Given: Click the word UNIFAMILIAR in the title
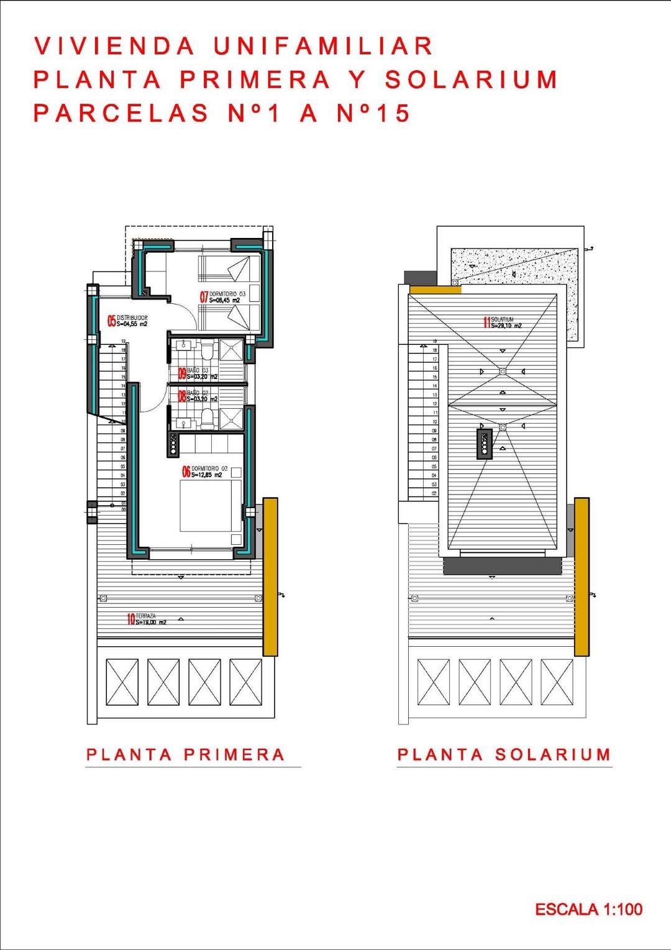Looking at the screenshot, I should click(323, 47).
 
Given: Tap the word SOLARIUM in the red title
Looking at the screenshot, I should click(471, 80).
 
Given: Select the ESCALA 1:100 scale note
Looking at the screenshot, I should click(588, 910).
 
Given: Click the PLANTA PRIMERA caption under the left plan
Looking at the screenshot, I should click(185, 755).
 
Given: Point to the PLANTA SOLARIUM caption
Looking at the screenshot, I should click(504, 755).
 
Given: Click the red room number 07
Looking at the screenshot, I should click(204, 297).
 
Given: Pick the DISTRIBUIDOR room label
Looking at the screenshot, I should click(132, 317).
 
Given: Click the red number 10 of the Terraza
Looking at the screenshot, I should click(130, 619).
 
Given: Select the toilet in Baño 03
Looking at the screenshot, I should click(208, 352).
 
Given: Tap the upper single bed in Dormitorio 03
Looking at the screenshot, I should click(228, 268).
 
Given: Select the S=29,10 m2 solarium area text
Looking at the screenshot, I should click(506, 326).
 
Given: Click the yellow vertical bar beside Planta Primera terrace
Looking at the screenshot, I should click(270, 576).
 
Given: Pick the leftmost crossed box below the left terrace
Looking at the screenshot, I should click(122, 682).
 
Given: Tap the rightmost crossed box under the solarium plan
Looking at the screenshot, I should click(557, 682).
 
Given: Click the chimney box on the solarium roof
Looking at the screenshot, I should click(485, 444).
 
